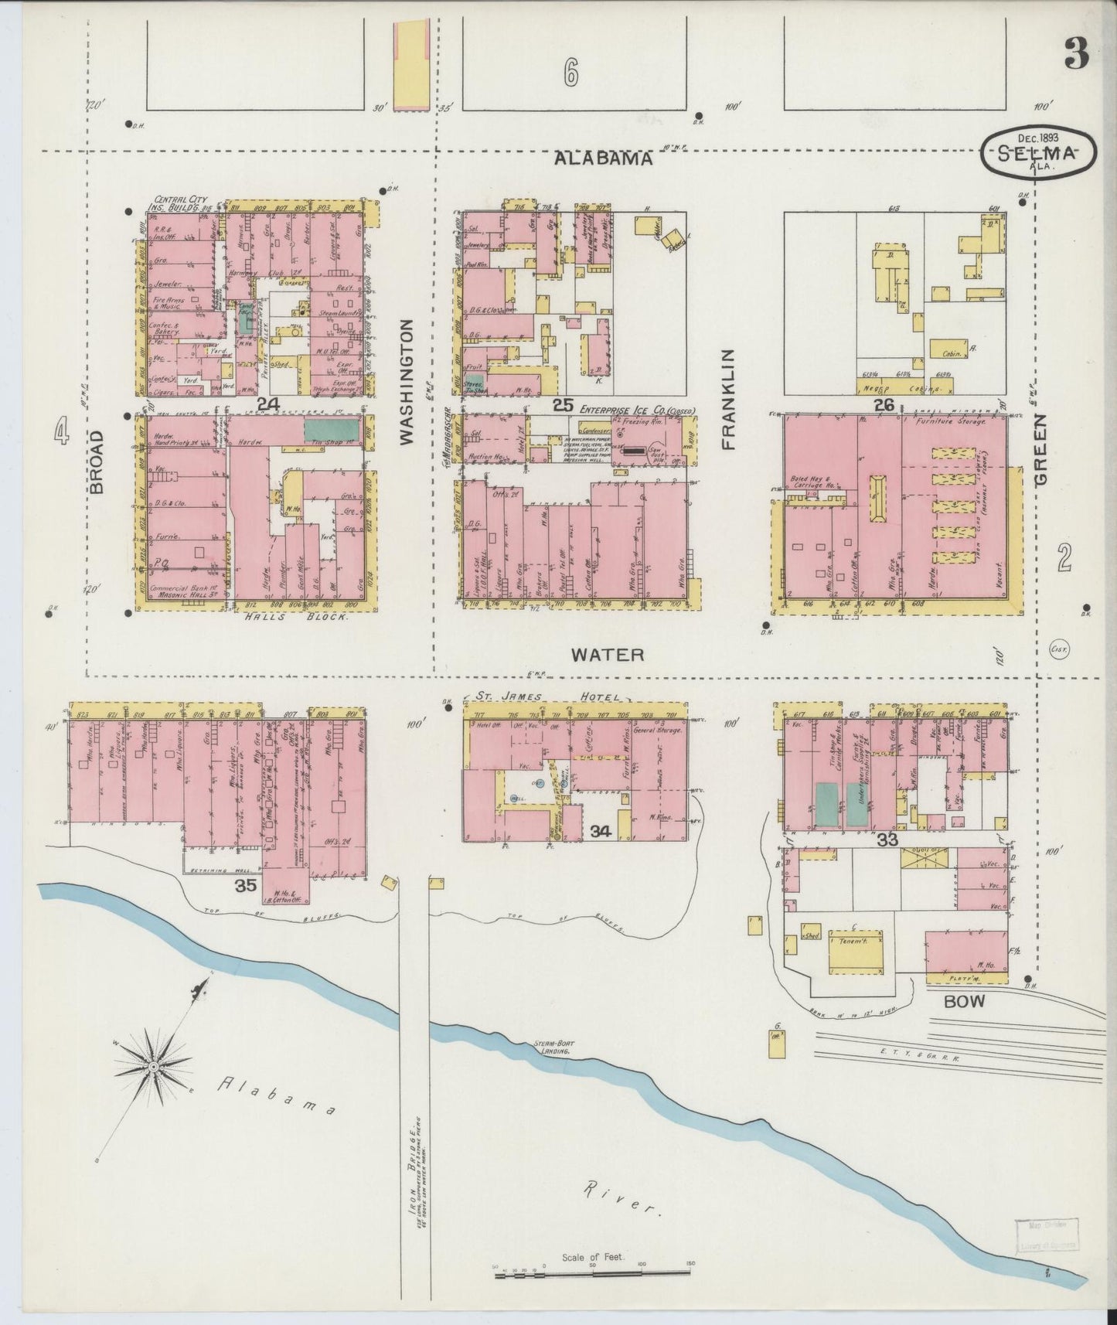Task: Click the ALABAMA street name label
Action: [x=604, y=158]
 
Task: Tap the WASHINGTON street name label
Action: [x=407, y=382]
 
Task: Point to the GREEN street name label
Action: [x=1041, y=449]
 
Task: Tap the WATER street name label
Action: [x=607, y=655]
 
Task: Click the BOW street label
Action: [x=964, y=1001]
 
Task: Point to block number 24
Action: [x=268, y=404]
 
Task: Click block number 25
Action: [x=563, y=404]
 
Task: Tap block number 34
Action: [x=601, y=832]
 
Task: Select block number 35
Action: [x=246, y=886]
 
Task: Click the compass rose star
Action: [x=153, y=1068]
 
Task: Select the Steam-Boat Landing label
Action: [x=551, y=1048]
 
